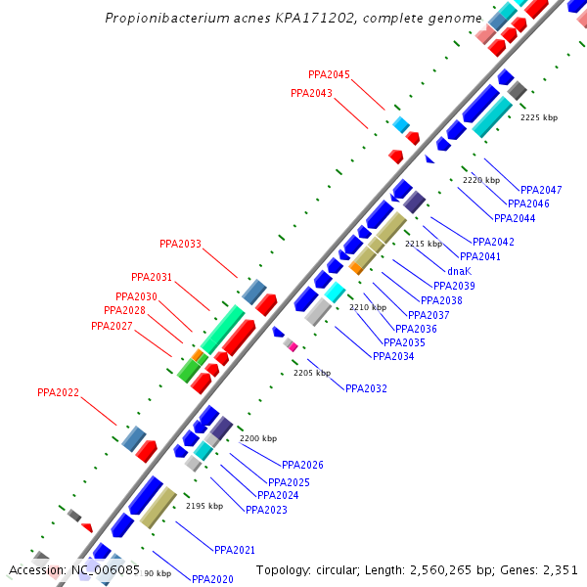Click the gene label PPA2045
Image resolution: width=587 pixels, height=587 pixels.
(x=329, y=74)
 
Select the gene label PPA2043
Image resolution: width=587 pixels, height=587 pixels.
(x=311, y=94)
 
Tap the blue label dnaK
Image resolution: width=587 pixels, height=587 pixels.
(x=460, y=271)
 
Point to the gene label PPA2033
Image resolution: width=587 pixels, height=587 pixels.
(x=180, y=244)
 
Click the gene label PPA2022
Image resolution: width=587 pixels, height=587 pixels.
(x=58, y=393)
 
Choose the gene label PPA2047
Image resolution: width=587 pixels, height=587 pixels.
(x=541, y=190)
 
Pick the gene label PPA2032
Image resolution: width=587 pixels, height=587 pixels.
(x=366, y=388)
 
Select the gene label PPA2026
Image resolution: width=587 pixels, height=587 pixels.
(x=302, y=466)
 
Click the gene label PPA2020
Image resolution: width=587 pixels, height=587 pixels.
(x=212, y=579)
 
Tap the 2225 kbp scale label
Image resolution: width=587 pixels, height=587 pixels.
(x=538, y=117)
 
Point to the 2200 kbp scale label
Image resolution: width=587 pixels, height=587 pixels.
(x=258, y=438)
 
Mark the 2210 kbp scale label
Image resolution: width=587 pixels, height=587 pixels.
(x=368, y=307)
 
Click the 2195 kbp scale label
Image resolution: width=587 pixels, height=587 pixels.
(x=204, y=506)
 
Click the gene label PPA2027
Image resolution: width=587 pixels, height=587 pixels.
(x=112, y=326)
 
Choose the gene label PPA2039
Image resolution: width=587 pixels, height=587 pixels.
(x=454, y=286)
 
